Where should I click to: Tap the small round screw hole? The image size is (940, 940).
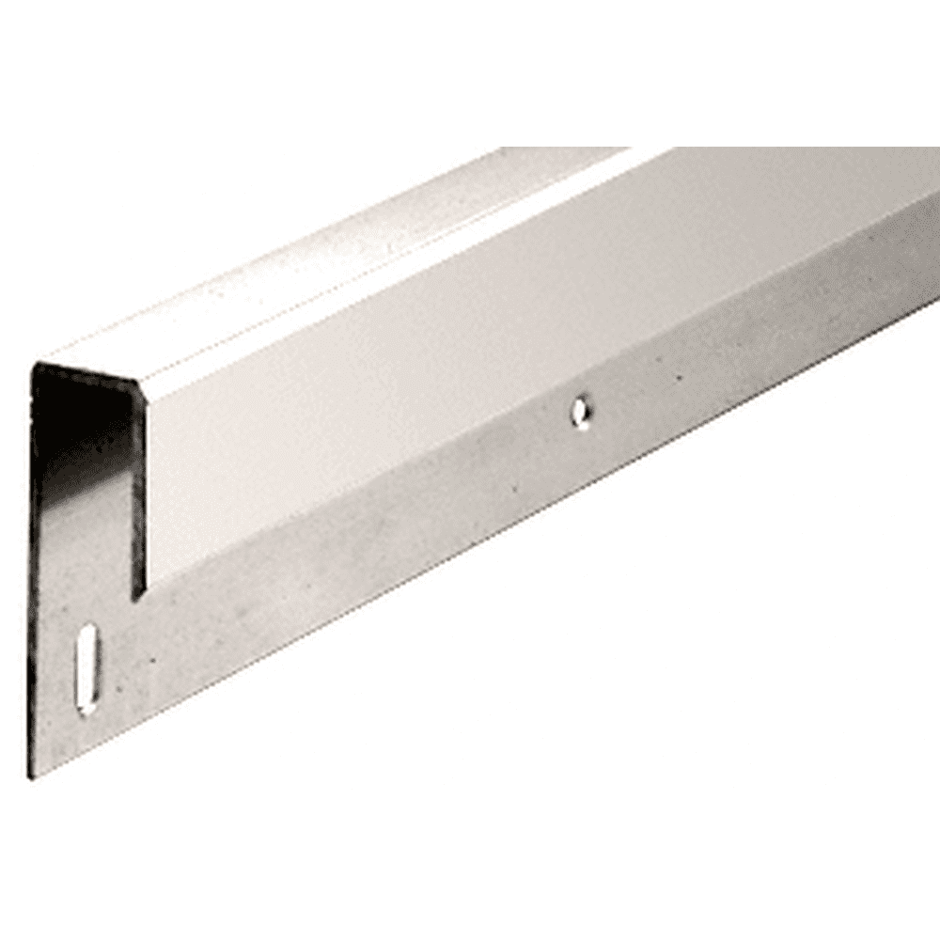[x=582, y=411]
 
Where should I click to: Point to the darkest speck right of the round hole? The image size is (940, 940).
[x=679, y=380]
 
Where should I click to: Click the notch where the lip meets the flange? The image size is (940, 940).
[x=138, y=594]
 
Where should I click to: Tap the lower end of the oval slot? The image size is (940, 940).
[x=87, y=707]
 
